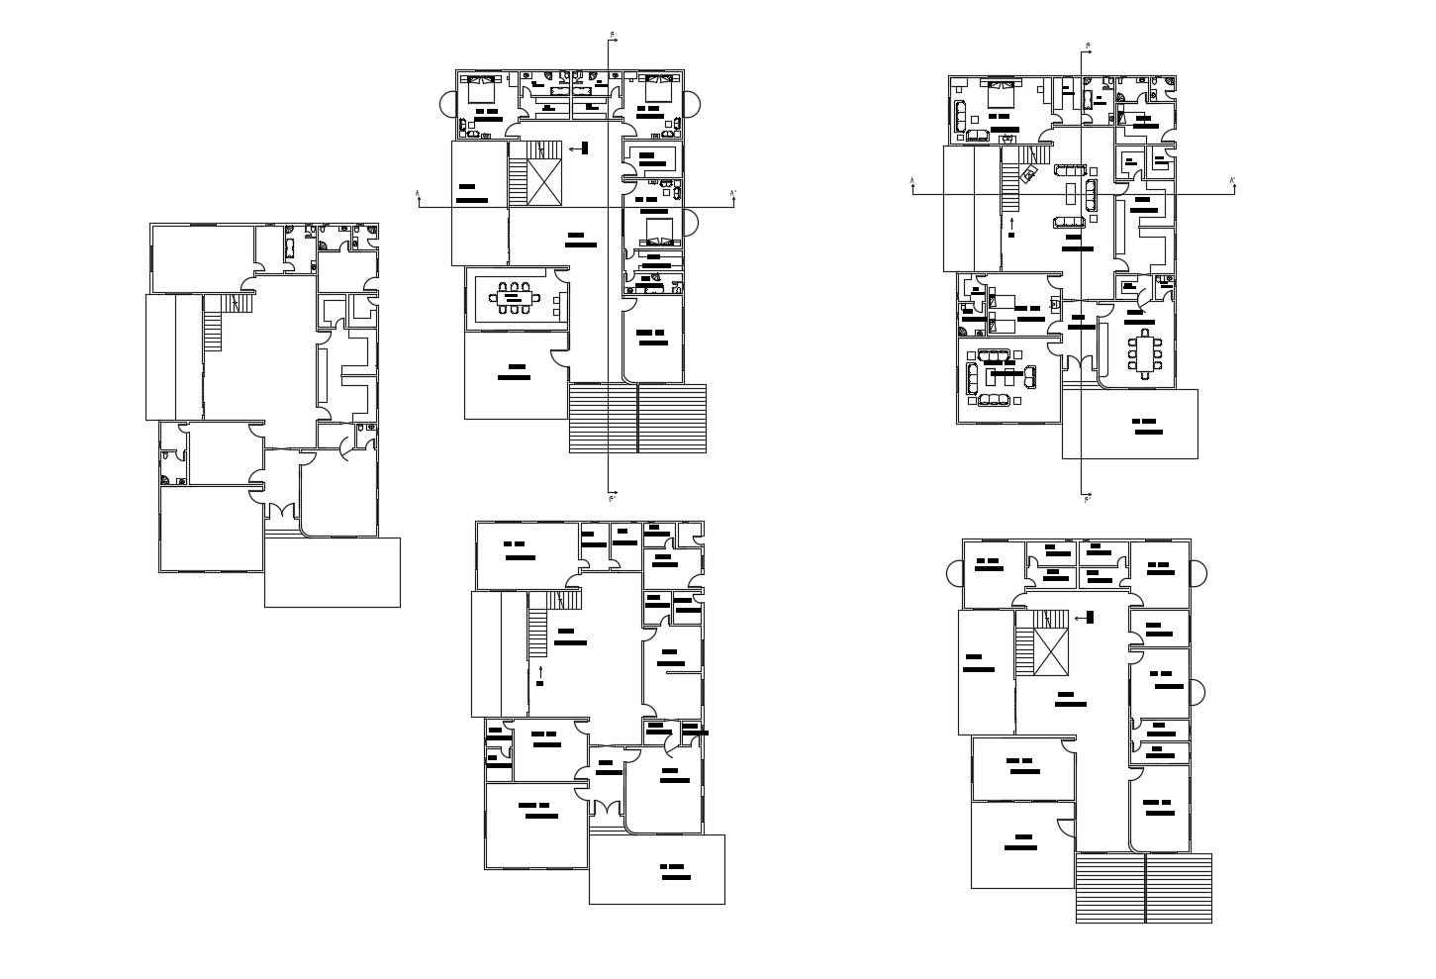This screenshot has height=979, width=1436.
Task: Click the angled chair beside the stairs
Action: coord(1029,174)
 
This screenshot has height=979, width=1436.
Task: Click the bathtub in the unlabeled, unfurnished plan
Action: coord(290,248)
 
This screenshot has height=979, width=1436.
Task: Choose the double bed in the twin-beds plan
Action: coord(1000,95)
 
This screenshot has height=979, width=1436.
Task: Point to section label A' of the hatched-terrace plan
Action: coord(732,193)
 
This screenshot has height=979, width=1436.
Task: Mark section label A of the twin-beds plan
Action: coord(912,181)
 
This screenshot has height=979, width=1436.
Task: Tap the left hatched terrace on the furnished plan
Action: coord(602,418)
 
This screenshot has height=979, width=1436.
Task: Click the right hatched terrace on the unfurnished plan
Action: coord(1179,888)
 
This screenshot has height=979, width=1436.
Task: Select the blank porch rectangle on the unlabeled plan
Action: coord(332,572)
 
